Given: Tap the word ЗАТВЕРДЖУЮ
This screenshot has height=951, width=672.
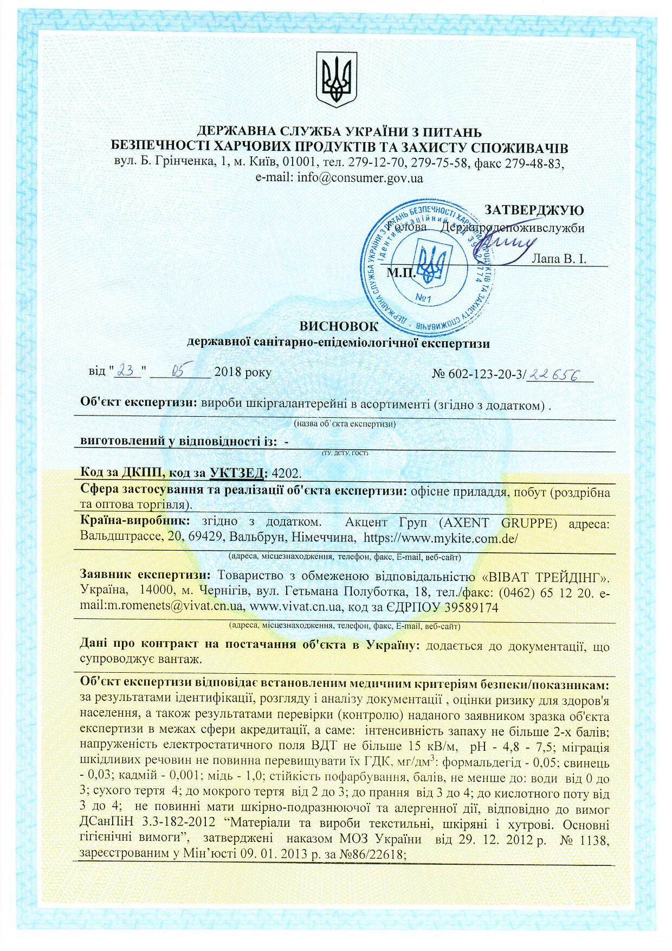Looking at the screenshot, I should pyautogui.click(x=533, y=210).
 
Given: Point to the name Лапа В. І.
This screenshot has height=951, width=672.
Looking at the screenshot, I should pyautogui.click(x=560, y=259).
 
